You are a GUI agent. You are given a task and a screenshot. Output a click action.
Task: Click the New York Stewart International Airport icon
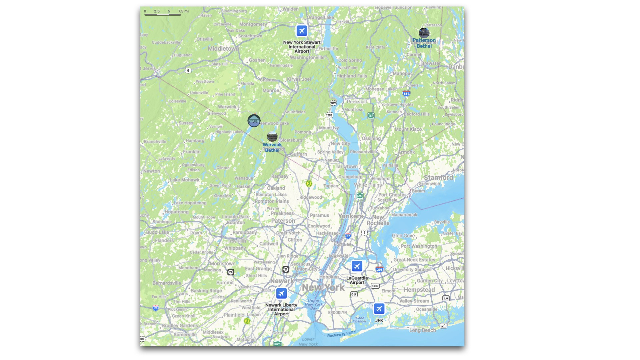[x=302, y=31]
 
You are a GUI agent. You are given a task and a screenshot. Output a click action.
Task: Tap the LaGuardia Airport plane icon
[x=357, y=266]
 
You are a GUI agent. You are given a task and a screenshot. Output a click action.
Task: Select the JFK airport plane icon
[x=379, y=309]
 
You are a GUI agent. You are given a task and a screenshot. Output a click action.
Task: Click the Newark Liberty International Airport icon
[x=281, y=293]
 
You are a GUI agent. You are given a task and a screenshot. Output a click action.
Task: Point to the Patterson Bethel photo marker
[x=424, y=33]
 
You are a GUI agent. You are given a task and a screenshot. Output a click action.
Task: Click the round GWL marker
[x=254, y=121]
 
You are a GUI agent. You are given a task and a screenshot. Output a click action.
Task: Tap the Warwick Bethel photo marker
[x=272, y=137]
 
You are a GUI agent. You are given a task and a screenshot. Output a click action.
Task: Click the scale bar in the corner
[x=163, y=14]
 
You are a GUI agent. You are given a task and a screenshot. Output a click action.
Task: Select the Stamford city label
[x=438, y=178]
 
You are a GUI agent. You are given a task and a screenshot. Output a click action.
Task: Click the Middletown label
[x=223, y=49]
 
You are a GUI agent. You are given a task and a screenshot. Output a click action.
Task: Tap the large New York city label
[x=323, y=287]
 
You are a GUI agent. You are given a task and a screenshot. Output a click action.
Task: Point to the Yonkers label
[x=350, y=216]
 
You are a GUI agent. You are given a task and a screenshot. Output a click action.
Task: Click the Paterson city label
[x=283, y=221]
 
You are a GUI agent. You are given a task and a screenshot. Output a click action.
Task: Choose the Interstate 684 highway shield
[x=406, y=94]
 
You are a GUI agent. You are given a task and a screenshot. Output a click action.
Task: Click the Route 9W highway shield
[x=333, y=103]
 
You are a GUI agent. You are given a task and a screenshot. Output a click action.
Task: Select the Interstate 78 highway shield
[x=156, y=308]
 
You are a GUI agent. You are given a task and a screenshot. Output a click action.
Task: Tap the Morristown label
[x=222, y=263]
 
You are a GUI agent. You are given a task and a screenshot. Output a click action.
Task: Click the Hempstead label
[x=419, y=290]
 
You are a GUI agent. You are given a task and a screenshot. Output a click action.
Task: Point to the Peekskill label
[x=357, y=102]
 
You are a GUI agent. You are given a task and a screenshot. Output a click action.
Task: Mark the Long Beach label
[x=422, y=330]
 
